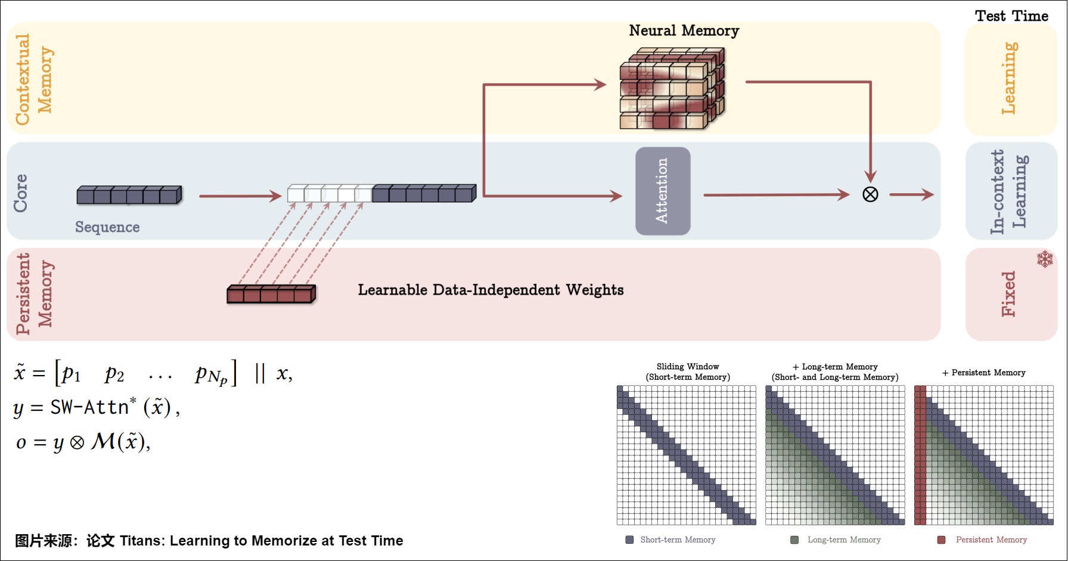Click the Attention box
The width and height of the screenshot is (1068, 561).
(663, 191)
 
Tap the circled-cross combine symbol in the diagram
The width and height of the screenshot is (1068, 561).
(870, 194)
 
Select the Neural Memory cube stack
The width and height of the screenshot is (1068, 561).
(672, 88)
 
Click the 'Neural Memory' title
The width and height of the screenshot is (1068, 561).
(684, 30)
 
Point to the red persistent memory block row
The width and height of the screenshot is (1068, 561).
(271, 294)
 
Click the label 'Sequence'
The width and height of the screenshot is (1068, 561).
(107, 227)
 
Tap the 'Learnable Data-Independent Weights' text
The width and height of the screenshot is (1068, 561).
(490, 290)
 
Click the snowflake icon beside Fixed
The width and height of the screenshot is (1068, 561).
(1045, 259)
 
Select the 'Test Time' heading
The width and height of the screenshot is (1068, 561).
(1011, 16)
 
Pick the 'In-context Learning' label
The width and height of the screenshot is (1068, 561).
(1008, 191)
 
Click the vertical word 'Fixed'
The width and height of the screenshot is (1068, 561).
(1008, 294)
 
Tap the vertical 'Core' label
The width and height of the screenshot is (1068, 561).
(21, 193)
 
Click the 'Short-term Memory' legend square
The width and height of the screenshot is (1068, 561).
(629, 540)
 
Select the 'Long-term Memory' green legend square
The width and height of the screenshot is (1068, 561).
(794, 540)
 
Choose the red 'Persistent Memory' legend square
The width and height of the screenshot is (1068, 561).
(942, 540)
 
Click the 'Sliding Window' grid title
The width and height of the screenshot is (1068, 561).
(688, 367)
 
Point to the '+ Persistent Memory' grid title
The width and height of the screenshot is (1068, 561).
(984, 373)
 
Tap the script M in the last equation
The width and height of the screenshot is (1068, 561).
(103, 442)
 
